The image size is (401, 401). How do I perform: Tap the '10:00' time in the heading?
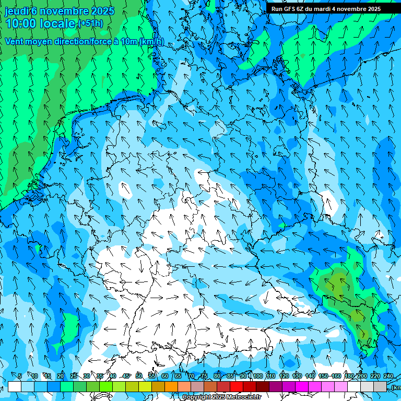(x=21, y=23)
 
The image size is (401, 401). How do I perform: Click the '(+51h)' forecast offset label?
(x=90, y=23)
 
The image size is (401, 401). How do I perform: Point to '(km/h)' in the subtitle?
(x=151, y=42)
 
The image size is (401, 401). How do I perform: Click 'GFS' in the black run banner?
(x=289, y=9)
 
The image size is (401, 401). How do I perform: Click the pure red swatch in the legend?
(x=236, y=387)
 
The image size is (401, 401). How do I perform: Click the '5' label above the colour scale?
(x=20, y=376)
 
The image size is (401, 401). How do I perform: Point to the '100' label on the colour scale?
(x=258, y=376)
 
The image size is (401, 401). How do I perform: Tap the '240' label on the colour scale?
(x=388, y=376)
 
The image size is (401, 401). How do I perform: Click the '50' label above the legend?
(x=139, y=376)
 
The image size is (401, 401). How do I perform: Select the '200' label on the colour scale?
(x=362, y=376)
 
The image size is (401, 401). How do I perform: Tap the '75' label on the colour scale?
(x=204, y=376)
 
